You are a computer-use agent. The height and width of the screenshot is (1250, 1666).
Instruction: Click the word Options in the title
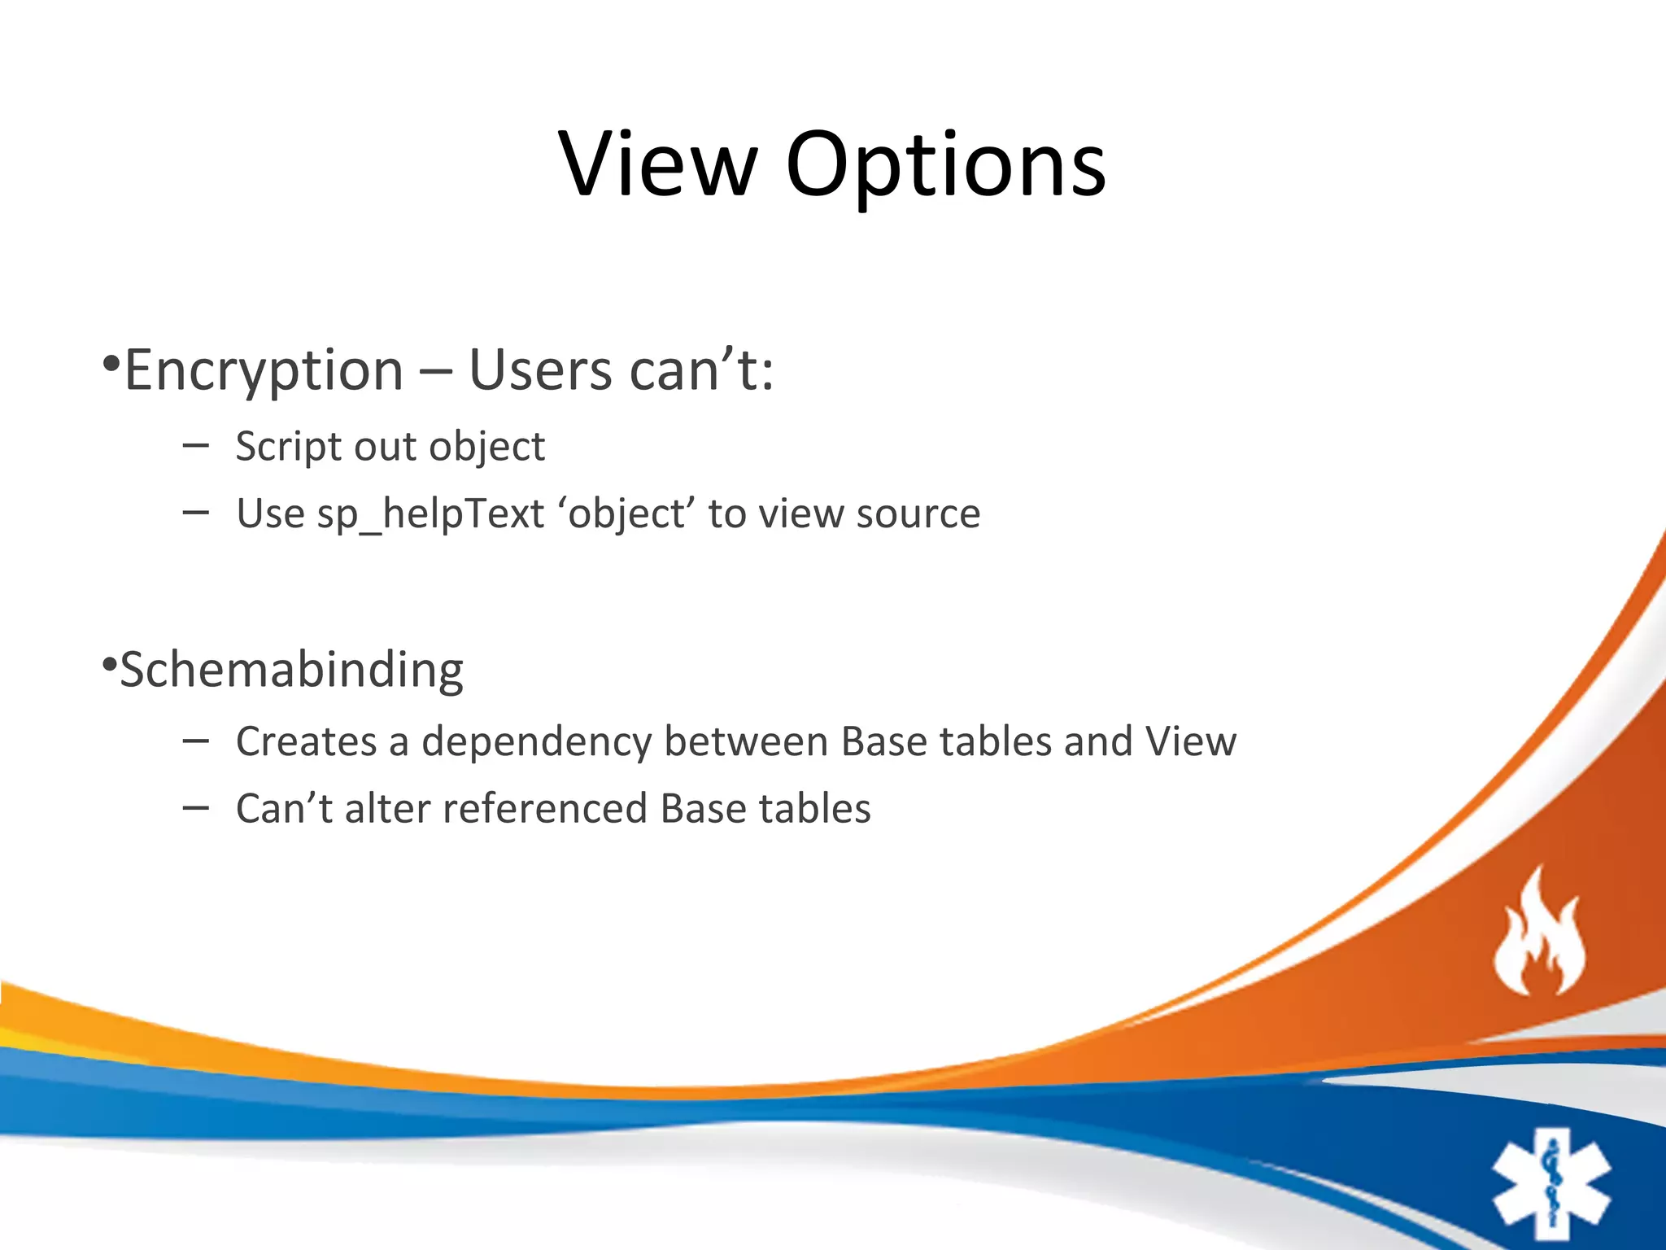[x=945, y=167]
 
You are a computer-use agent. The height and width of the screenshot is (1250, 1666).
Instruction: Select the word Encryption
[x=264, y=371]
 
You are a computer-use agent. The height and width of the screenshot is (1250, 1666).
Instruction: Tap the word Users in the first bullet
[x=540, y=371]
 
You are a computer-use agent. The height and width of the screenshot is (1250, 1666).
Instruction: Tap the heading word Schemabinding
[x=291, y=670]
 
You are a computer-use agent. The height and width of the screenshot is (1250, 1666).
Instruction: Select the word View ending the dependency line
[x=1190, y=742]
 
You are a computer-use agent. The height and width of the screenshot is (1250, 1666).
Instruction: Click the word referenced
[x=544, y=809]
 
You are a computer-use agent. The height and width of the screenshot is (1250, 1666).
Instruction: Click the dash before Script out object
[x=196, y=445]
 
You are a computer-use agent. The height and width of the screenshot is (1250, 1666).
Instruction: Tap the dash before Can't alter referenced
[x=196, y=807]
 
